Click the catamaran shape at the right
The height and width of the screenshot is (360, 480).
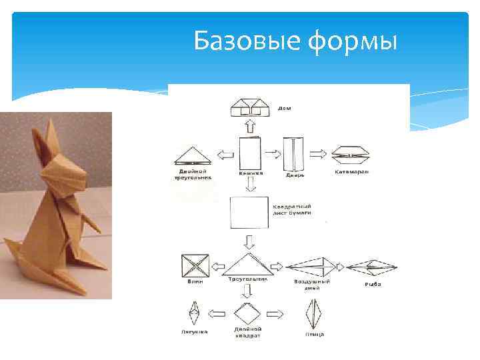[x=351, y=155]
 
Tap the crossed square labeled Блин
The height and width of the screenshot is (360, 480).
[x=196, y=267]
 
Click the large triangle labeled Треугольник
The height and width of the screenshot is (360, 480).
[x=249, y=265]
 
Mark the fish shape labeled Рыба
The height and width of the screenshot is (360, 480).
[x=373, y=268]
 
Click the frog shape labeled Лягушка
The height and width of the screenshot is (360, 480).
[x=194, y=313]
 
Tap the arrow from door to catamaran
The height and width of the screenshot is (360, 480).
[x=319, y=153]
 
